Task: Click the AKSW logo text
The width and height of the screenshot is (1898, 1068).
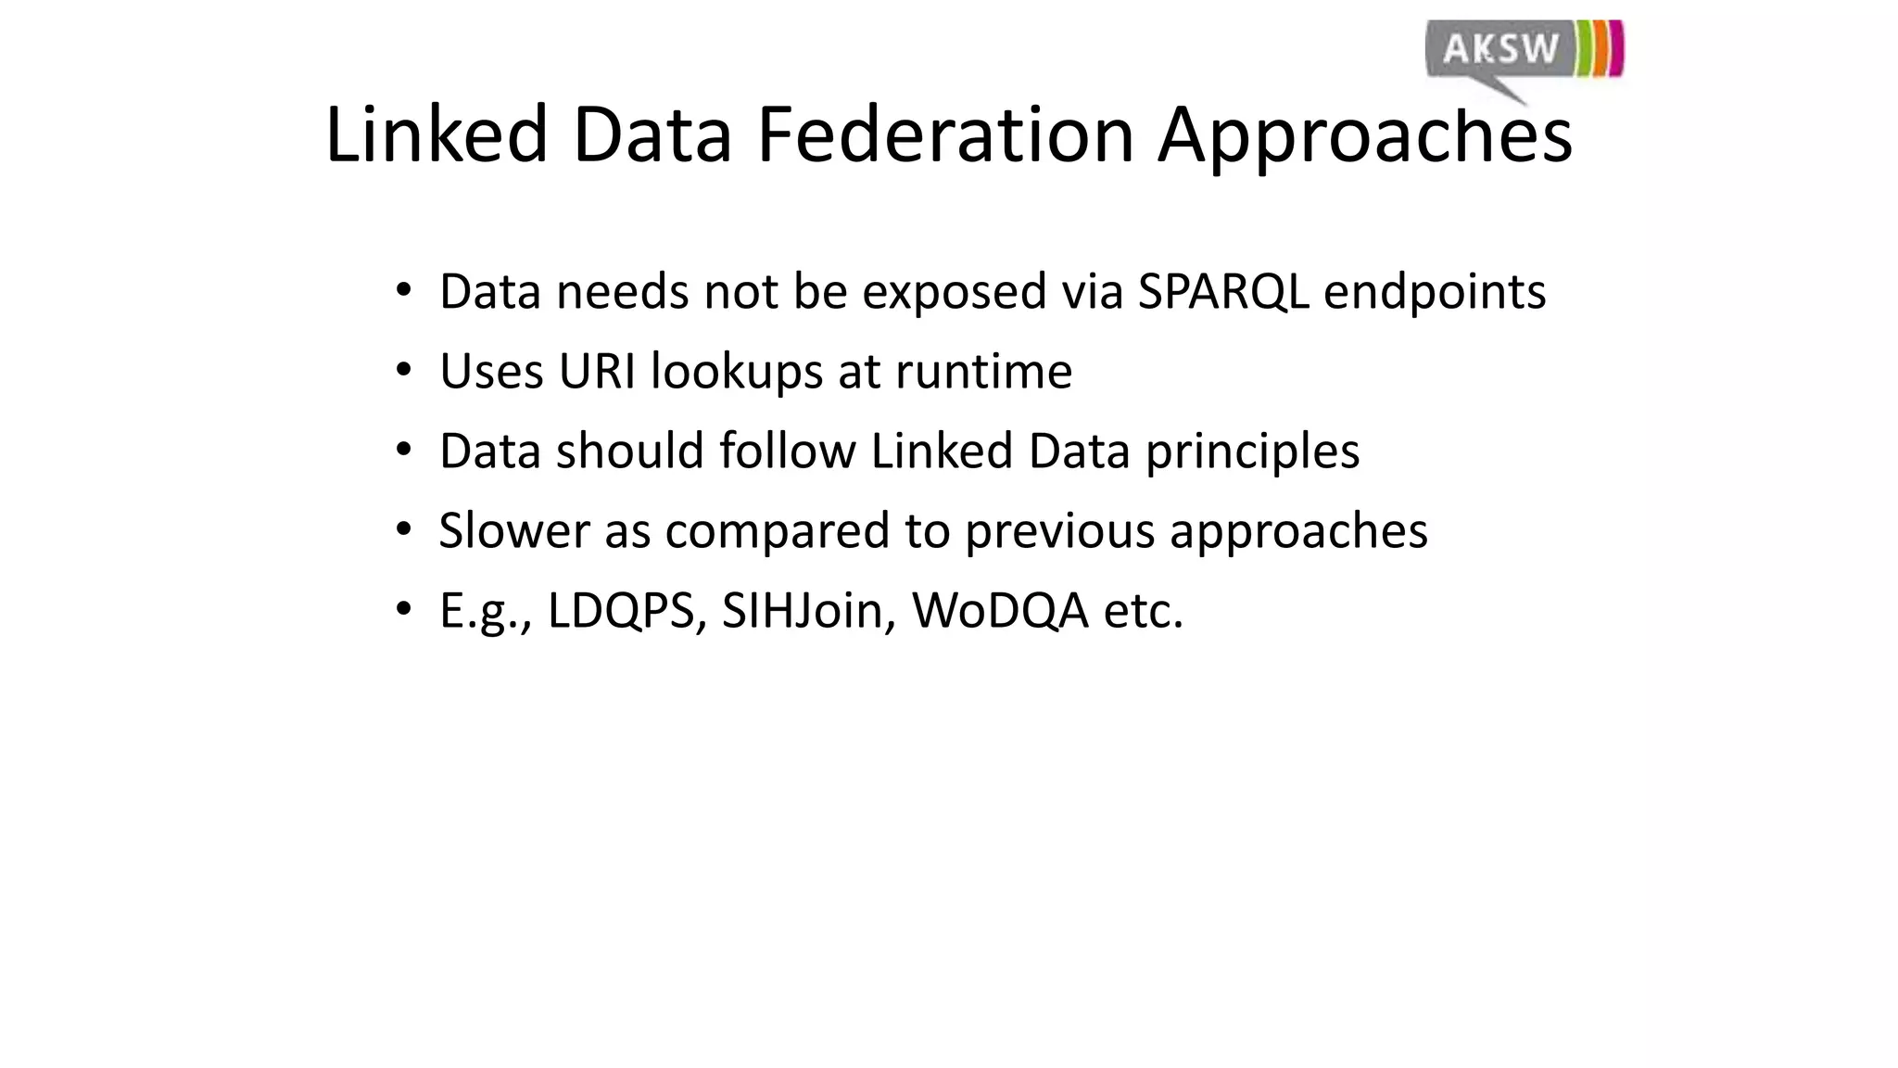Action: click(1500, 48)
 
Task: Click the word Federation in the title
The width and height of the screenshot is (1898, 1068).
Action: click(945, 135)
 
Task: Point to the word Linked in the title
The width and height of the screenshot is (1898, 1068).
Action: click(437, 135)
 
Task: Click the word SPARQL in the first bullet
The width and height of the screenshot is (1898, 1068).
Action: click(1222, 292)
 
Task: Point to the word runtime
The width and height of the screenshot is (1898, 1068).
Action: click(983, 372)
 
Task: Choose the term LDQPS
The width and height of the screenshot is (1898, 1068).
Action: click(621, 612)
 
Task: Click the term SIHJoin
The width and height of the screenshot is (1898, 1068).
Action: click(802, 612)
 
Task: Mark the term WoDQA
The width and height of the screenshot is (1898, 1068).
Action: click(1000, 612)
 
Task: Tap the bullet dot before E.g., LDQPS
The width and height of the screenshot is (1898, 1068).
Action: click(402, 610)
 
